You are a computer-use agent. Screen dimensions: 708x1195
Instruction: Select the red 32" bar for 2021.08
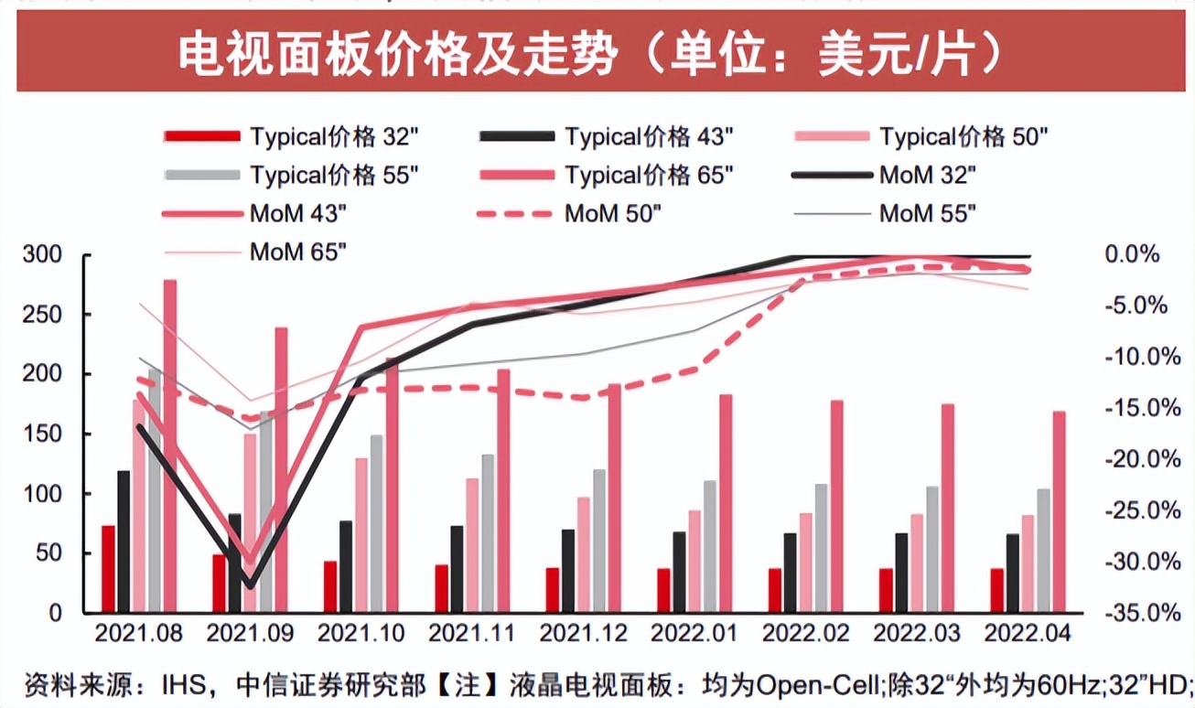click(x=108, y=569)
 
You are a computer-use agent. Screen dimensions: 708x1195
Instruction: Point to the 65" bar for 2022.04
click(x=1060, y=512)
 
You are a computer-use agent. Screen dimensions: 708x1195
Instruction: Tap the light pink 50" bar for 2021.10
click(x=361, y=535)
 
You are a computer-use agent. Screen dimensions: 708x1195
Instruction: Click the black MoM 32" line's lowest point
click(x=249, y=585)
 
